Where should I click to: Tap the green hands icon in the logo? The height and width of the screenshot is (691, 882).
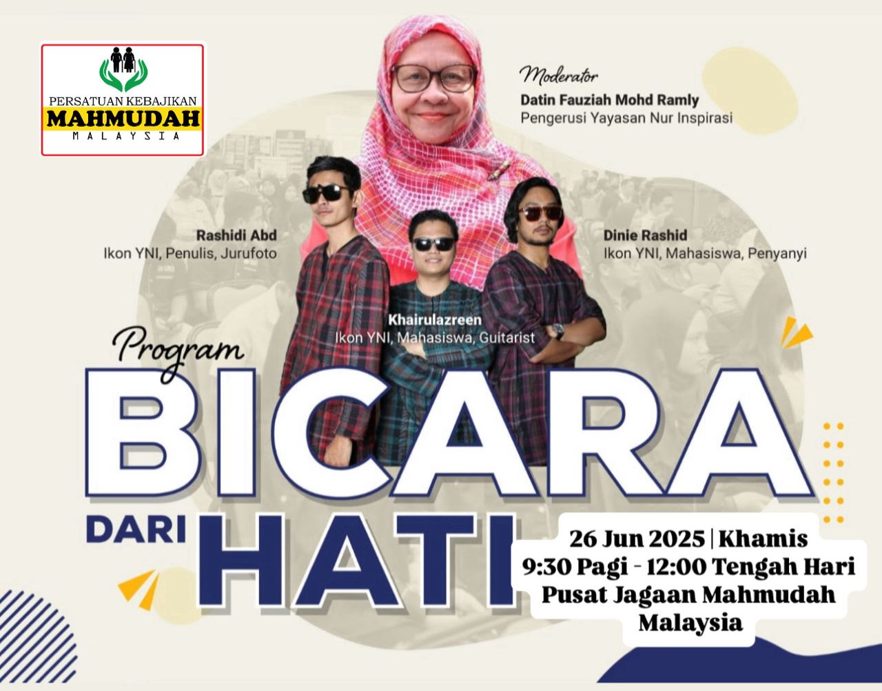[x=123, y=74]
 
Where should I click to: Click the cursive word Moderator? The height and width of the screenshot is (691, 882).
[x=560, y=76]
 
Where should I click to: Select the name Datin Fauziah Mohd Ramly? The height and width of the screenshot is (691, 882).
[x=610, y=100]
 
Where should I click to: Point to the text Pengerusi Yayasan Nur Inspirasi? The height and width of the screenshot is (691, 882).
[x=626, y=118]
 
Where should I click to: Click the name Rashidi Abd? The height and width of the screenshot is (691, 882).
[x=236, y=235]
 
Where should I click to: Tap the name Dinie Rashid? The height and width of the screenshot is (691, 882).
[x=646, y=235]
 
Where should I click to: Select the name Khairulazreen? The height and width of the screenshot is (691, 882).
[x=435, y=320]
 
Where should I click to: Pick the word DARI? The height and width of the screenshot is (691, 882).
[x=136, y=531]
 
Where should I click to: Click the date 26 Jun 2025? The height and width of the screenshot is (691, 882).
[x=637, y=539]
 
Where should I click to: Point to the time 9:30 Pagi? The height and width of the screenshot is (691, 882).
[x=575, y=567]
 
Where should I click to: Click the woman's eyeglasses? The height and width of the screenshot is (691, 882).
[x=434, y=78]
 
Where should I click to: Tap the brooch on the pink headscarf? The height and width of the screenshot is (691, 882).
[x=499, y=170]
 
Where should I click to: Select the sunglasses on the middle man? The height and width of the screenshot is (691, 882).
[x=434, y=243]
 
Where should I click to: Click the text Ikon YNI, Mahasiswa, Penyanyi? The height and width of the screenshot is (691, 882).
[x=705, y=254]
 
